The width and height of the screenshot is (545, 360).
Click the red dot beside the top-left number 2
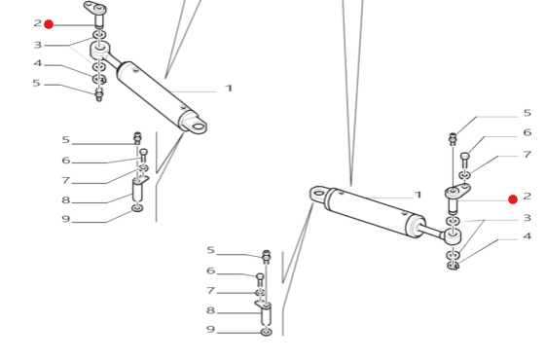coord(49,24)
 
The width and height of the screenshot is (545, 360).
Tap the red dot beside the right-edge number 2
coord(513,199)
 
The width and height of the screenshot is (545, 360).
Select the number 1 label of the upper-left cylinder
coord(229,89)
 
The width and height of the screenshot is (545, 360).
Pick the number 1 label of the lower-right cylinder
coord(418,195)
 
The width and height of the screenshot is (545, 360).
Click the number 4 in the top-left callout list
coord(38,63)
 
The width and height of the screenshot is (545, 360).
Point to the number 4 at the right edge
coord(527,236)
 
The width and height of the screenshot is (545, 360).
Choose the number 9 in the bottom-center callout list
coord(210,329)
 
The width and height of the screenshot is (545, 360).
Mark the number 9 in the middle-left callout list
coord(66,219)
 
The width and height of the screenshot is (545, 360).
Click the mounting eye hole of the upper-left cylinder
coord(199,126)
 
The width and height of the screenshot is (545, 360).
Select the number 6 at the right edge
coord(527,132)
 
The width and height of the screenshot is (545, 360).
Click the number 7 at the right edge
coord(527,154)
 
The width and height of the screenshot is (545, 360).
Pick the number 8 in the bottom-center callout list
coord(210,310)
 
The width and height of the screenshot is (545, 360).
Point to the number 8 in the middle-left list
coord(66,199)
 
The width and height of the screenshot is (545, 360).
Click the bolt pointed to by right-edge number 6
coord(465,160)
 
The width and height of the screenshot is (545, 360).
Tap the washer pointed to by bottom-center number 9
coord(267,332)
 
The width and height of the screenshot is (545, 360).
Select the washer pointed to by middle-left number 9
coord(137,208)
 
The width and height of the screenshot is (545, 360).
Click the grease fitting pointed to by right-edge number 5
coord(453,139)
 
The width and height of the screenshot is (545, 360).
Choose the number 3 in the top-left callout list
coord(38,45)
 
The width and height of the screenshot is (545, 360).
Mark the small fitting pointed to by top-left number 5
coord(99,94)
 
